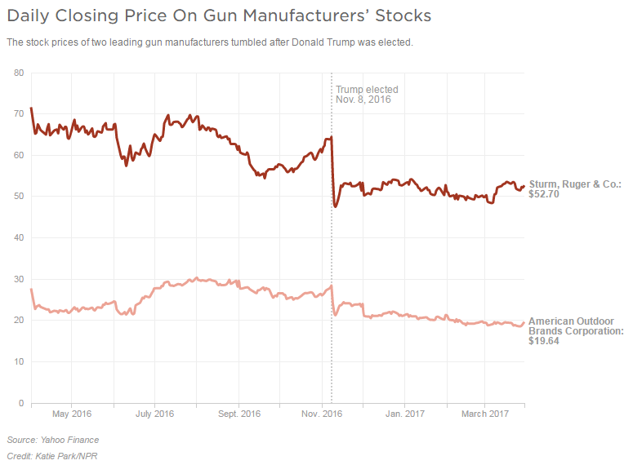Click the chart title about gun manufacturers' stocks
point(218,15)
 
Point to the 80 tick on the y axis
point(19,73)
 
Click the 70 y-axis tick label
point(19,113)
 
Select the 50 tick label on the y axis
point(19,197)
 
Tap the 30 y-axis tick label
point(19,279)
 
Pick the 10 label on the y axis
point(19,361)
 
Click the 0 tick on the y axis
point(21,403)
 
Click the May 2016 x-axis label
point(71,414)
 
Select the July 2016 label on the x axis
point(154,414)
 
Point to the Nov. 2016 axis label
point(322,414)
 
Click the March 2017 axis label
point(484,414)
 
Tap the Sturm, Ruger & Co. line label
point(575,184)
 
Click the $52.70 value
point(544,195)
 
